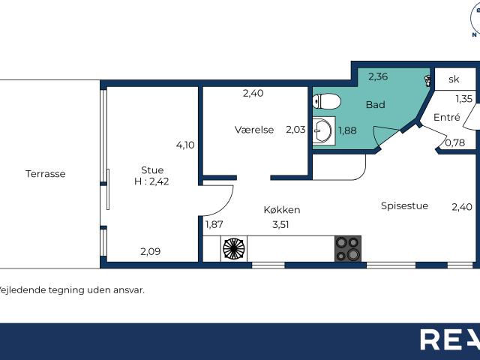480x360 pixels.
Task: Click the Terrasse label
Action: click(x=46, y=174)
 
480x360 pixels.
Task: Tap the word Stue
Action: click(x=152, y=170)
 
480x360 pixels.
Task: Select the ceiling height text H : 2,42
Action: click(x=151, y=181)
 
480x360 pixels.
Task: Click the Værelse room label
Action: click(x=254, y=130)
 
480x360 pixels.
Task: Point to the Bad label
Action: click(x=375, y=105)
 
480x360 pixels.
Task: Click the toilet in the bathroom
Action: click(x=326, y=101)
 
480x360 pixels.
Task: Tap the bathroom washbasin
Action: click(x=323, y=131)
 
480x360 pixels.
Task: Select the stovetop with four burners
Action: click(x=348, y=248)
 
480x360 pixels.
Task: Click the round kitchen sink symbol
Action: click(x=234, y=248)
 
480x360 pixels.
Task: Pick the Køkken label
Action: click(x=282, y=210)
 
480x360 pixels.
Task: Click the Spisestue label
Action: click(x=404, y=205)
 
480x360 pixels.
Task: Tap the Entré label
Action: click(x=447, y=117)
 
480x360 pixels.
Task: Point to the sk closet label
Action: click(x=454, y=79)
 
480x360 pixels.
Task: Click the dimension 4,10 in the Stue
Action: click(x=185, y=145)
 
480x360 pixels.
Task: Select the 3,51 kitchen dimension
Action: click(x=280, y=225)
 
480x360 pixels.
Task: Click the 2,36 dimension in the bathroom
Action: click(x=378, y=76)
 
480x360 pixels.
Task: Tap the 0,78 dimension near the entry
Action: click(x=455, y=142)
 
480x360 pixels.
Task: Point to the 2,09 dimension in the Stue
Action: click(x=150, y=252)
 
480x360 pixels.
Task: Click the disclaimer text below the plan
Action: click(x=71, y=290)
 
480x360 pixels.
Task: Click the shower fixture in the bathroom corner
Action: click(x=427, y=81)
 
